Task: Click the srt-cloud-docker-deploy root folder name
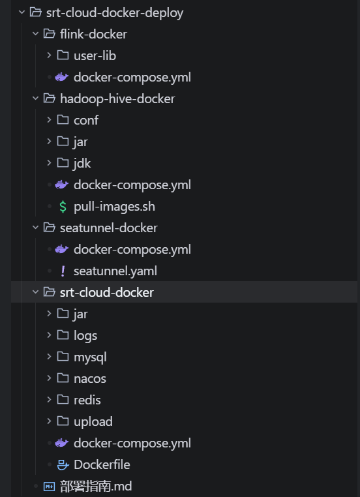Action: tap(115, 13)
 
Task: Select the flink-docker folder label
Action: tap(93, 34)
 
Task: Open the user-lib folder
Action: tap(95, 56)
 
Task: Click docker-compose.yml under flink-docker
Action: tap(132, 78)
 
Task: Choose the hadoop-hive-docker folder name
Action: tap(117, 99)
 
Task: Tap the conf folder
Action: tap(86, 121)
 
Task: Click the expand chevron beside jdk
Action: tap(49, 163)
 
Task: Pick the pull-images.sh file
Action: tap(114, 207)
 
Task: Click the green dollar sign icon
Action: tap(63, 207)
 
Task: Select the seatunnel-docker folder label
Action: tap(109, 228)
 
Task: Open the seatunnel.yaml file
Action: tap(115, 271)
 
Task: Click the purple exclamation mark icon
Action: tap(63, 271)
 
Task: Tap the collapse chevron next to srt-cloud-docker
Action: tap(35, 292)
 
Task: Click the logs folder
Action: tap(85, 336)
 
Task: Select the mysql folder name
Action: tap(90, 357)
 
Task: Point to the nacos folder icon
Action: tap(63, 378)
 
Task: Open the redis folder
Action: tap(87, 400)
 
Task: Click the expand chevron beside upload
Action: tap(49, 421)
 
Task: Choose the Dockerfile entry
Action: tap(102, 464)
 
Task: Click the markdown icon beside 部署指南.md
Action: tap(49, 487)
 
